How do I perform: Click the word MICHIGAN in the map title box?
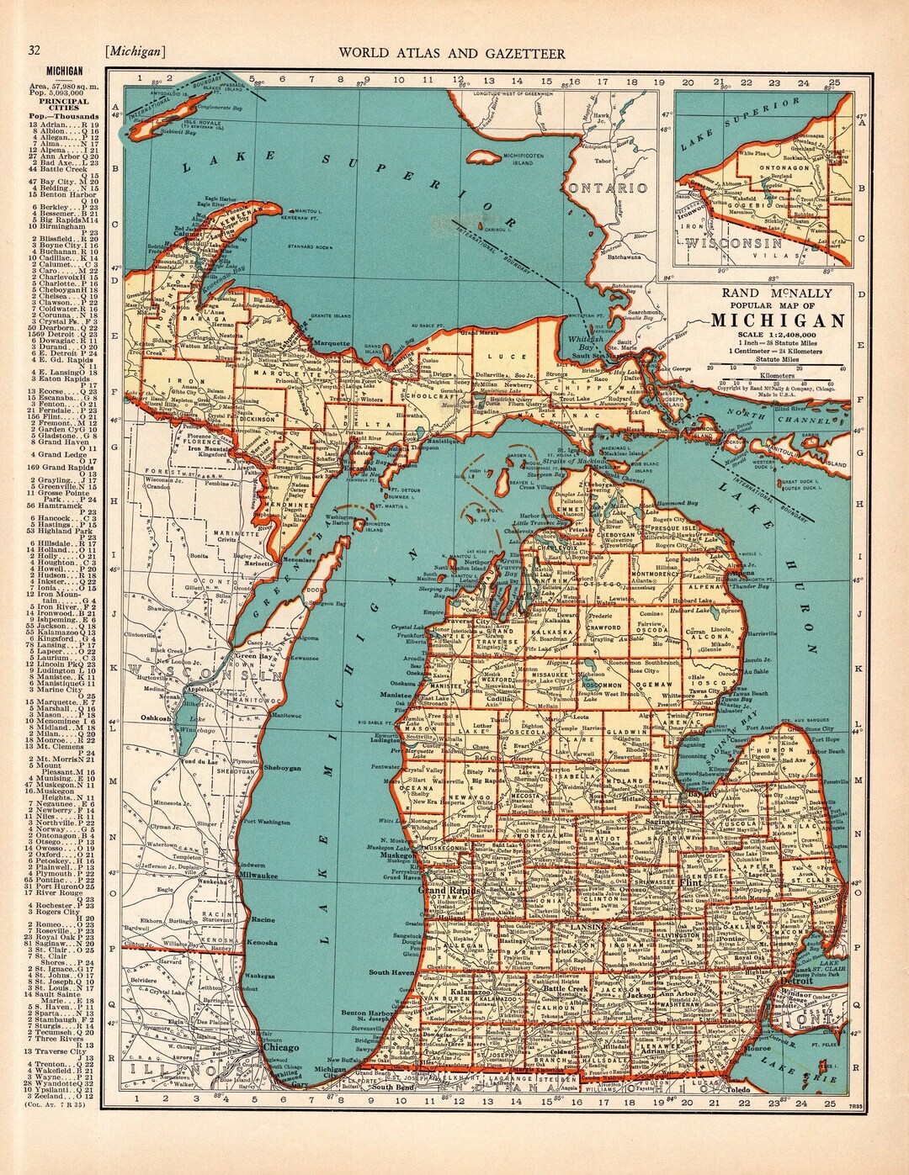pyautogui.click(x=778, y=320)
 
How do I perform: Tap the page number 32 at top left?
pyautogui.click(x=35, y=52)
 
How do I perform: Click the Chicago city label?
pyautogui.click(x=280, y=1048)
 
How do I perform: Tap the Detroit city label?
pyautogui.click(x=796, y=981)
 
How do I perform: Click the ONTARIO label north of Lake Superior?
pyautogui.click(x=607, y=188)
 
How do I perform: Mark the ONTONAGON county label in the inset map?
pyautogui.click(x=770, y=167)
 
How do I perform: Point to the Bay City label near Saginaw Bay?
pyautogui.click(x=700, y=793)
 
